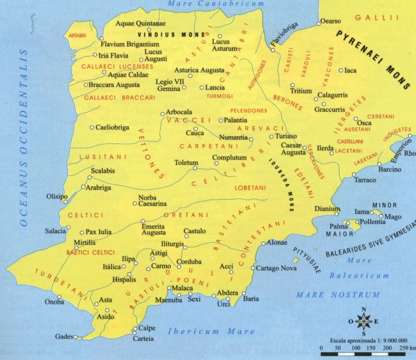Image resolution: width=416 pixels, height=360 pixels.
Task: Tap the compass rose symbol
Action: point(366,321)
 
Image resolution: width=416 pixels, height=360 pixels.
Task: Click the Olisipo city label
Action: point(56,196)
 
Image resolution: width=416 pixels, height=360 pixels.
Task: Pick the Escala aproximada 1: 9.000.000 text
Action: point(366,340)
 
